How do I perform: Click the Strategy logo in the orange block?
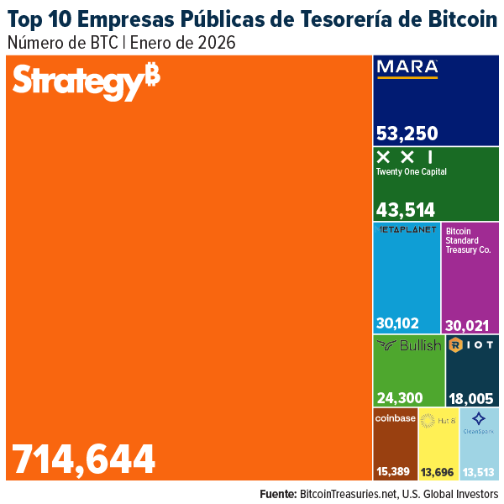(87, 81)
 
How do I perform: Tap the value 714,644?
(84, 459)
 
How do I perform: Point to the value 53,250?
(407, 134)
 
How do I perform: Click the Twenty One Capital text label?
(412, 171)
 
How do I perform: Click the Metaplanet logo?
(407, 229)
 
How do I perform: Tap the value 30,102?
(398, 323)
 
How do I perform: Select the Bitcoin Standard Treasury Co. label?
(468, 239)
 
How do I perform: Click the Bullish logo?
(409, 345)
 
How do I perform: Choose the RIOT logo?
(473, 344)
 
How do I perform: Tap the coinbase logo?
(395, 418)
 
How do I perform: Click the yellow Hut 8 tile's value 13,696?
(438, 472)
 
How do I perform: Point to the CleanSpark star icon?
(479, 418)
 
